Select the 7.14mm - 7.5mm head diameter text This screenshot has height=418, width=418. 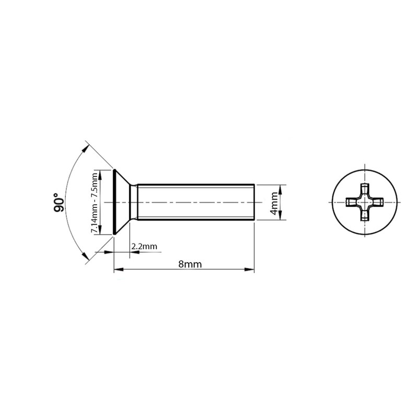click(x=94, y=202)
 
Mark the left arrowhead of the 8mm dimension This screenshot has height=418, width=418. click(x=118, y=270)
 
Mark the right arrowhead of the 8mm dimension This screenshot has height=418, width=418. click(x=250, y=270)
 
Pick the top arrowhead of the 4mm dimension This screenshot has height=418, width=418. click(x=281, y=188)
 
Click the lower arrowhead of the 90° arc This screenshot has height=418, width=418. click(x=85, y=258)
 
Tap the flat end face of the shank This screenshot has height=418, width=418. click(x=254, y=202)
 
